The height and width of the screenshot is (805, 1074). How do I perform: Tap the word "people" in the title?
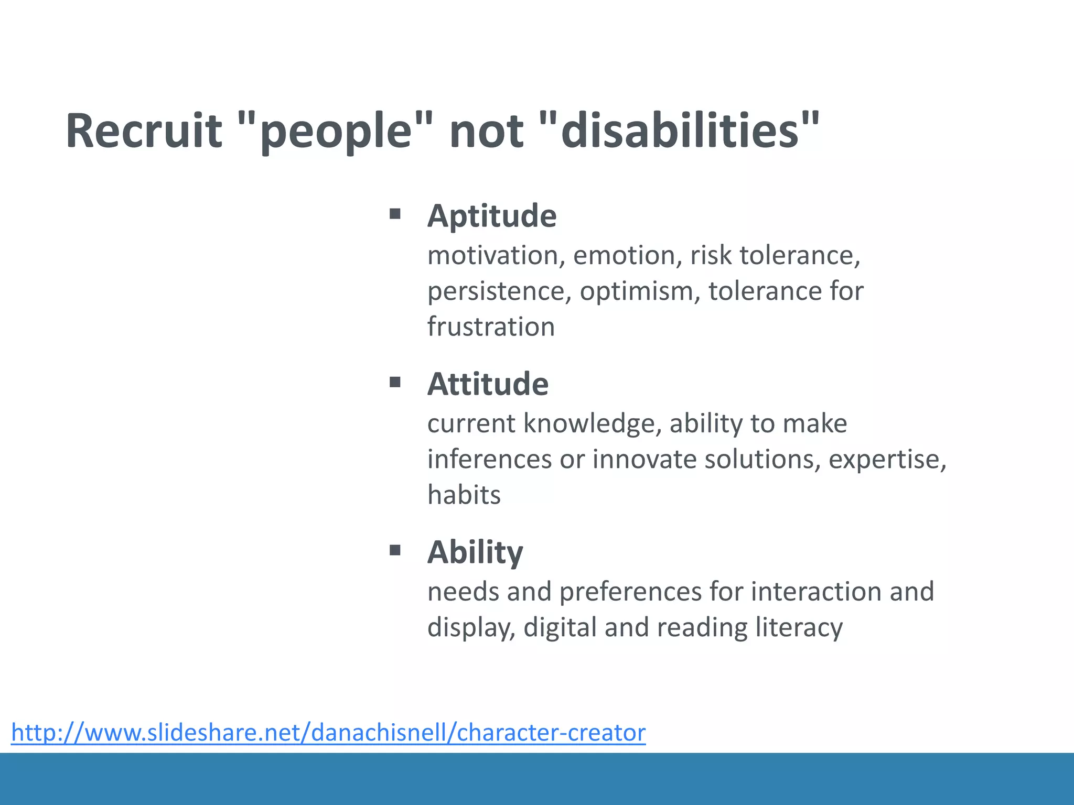pos(336,131)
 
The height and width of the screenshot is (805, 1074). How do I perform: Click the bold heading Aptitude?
pos(492,216)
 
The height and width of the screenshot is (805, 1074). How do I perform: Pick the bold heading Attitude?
pos(488,384)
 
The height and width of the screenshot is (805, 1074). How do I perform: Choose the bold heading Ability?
pos(475,552)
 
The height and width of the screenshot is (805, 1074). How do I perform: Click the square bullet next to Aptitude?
pos(395,213)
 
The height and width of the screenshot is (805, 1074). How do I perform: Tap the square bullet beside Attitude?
pos(395,382)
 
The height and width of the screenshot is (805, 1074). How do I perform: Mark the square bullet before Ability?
pos(395,550)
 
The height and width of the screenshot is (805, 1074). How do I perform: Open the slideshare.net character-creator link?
pos(328,732)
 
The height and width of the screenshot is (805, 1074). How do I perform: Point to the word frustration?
pos(491,327)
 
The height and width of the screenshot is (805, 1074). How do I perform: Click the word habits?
pos(464,495)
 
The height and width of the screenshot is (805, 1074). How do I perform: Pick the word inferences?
pos(489,460)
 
